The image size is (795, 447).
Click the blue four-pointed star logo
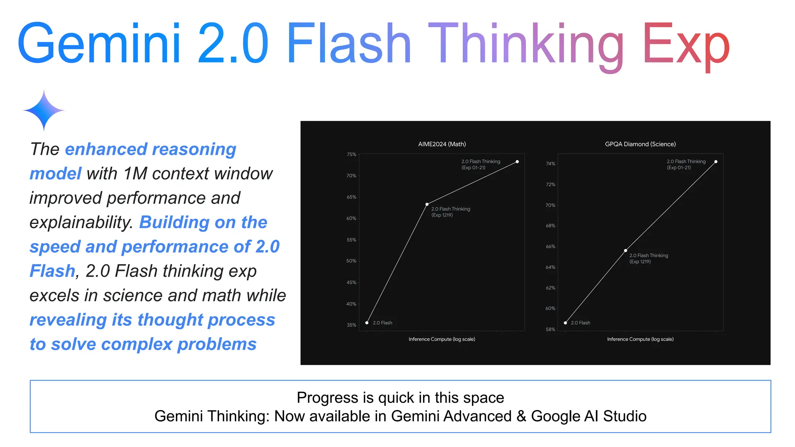click(44, 111)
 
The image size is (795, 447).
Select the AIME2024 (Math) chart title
click(442, 144)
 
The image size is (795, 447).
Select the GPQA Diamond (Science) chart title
click(640, 144)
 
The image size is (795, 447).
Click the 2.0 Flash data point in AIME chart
click(367, 323)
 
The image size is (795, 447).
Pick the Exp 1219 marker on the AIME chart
click(427, 204)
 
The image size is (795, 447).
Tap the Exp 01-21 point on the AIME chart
click(517, 162)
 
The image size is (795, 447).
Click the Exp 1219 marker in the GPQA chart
click(625, 251)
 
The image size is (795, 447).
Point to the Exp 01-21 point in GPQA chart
click(716, 162)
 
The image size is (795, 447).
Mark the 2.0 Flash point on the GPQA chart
click(566, 323)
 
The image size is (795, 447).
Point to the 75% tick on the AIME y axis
click(351, 154)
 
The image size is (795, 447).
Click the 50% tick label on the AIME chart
click(351, 261)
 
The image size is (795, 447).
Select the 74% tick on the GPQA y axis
click(550, 164)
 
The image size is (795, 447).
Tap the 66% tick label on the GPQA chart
click(550, 246)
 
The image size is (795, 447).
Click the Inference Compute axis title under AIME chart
click(442, 339)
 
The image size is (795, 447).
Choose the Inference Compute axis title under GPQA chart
click(640, 339)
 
